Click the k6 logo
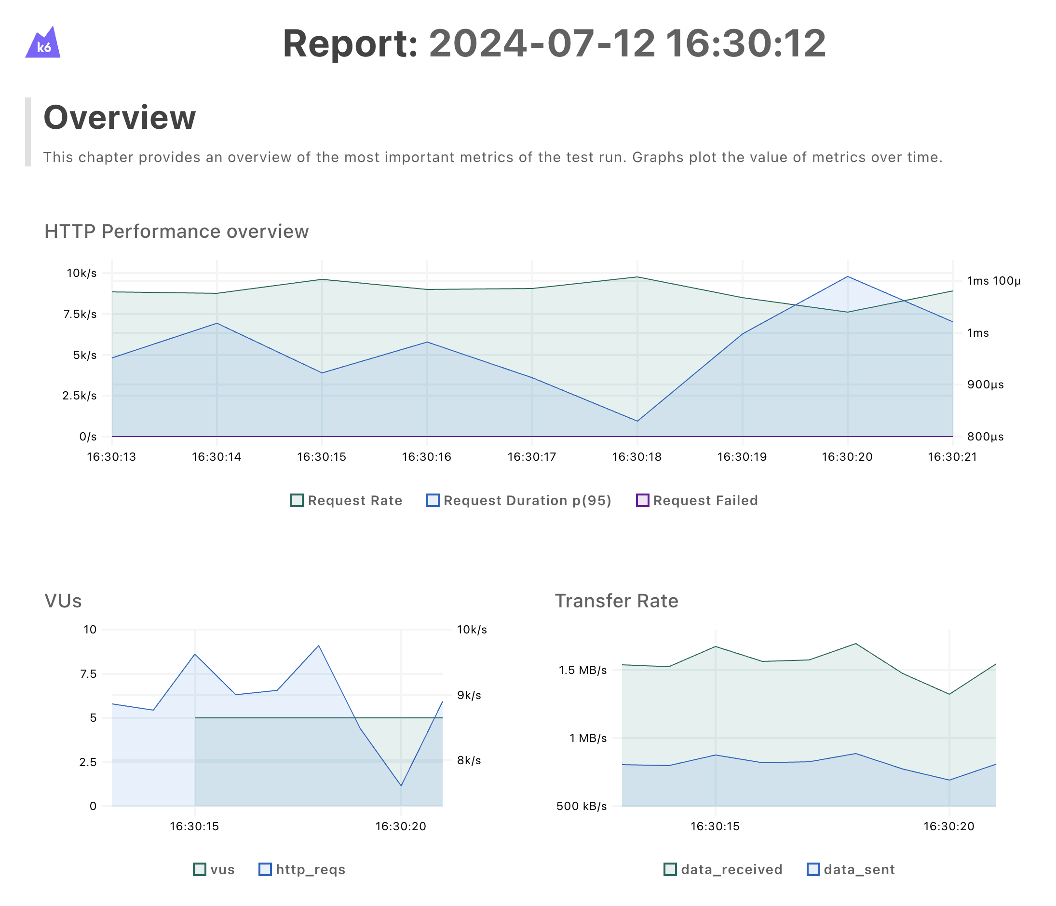(43, 43)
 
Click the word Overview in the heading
(119, 118)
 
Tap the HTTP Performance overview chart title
(176, 232)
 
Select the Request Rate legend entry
(347, 501)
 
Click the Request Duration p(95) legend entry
(519, 501)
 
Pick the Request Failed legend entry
(697, 501)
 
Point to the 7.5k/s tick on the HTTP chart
(80, 314)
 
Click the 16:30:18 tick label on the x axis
(637, 457)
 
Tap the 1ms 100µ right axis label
(994, 281)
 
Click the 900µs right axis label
(985, 385)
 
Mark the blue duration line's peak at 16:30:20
(848, 277)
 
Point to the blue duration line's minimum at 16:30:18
(637, 421)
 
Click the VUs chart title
(63, 601)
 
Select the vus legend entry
(214, 870)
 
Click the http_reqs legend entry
(302, 870)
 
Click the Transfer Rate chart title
(616, 601)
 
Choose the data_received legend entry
(723, 870)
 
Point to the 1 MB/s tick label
(588, 738)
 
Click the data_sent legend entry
(851, 870)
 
